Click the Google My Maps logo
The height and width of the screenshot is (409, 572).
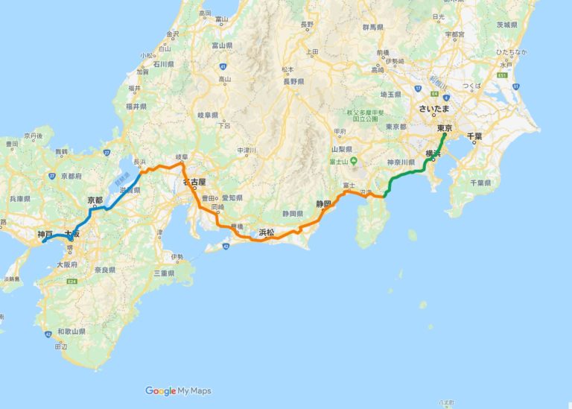pos(179,390)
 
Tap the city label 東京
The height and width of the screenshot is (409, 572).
pos(444,128)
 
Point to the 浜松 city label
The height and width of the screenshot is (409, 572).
pos(267,232)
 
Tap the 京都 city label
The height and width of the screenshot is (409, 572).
pos(95,200)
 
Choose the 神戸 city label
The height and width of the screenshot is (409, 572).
pos(45,234)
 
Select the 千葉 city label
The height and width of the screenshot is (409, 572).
pos(474,136)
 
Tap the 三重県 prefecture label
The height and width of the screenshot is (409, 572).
pos(164,274)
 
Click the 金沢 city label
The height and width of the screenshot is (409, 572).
pos(174,34)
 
